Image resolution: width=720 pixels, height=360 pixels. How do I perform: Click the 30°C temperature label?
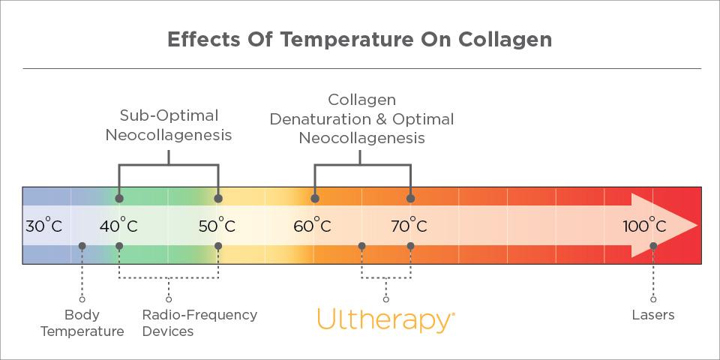43,226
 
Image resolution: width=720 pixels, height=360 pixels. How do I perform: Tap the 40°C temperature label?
118,226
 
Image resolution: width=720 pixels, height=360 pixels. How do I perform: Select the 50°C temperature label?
217,226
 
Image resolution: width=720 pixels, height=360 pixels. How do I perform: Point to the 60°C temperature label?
312,226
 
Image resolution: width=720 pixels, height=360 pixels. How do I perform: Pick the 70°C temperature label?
409,226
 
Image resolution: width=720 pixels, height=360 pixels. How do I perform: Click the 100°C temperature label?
644,226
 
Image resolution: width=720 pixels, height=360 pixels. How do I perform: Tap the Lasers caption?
653,315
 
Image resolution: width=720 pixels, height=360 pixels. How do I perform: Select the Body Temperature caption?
82,322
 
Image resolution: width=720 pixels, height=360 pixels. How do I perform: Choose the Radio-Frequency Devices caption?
199,322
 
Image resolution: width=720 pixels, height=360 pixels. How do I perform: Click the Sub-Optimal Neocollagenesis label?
169,125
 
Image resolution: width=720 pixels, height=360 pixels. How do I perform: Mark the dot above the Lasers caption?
653,246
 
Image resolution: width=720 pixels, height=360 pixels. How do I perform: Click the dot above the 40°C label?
119,199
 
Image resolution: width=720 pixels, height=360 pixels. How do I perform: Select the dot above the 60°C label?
315,199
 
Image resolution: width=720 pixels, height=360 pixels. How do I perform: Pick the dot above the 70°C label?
410,199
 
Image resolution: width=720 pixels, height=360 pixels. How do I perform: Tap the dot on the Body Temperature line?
82,246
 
